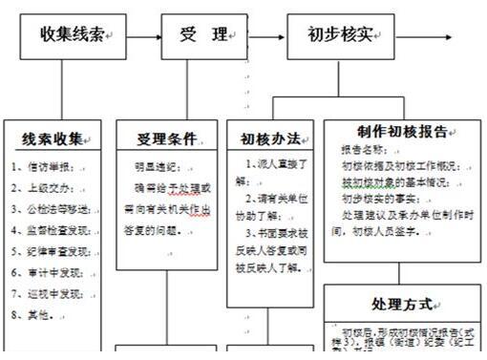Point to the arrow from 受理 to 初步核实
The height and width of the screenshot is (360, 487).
point(266,35)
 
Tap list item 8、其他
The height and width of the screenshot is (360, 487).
point(33,313)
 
